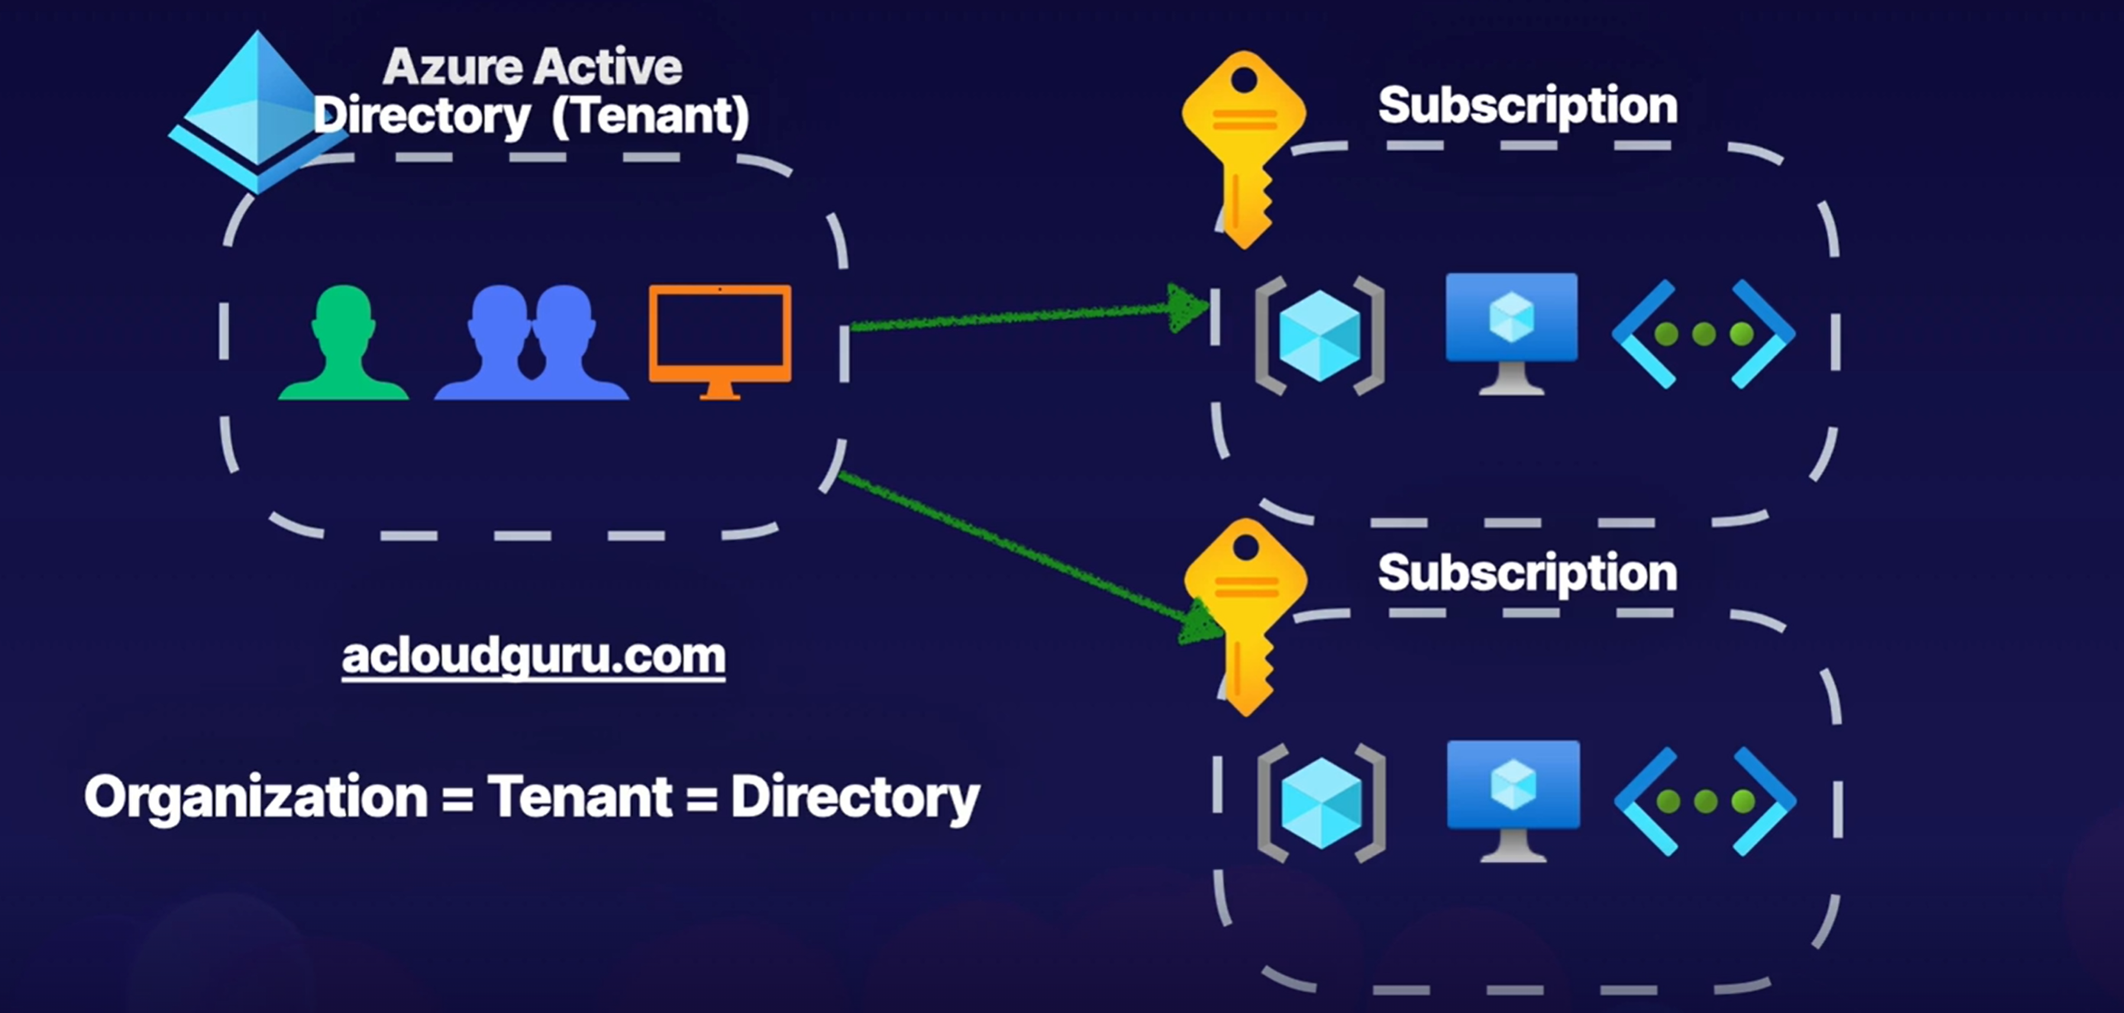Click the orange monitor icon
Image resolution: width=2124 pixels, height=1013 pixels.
(x=720, y=336)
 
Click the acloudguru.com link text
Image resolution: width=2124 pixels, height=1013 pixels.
(x=533, y=657)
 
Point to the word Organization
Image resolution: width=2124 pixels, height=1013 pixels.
(x=255, y=797)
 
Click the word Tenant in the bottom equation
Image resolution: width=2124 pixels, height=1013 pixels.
(x=579, y=797)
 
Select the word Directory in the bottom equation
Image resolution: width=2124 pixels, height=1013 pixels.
(x=854, y=797)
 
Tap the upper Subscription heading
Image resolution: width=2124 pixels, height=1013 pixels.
(x=1527, y=105)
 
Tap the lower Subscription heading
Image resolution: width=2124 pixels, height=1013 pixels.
(x=1527, y=572)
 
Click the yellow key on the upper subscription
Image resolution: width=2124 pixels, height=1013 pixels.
(x=1244, y=148)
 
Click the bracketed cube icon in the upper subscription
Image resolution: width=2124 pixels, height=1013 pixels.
(x=1319, y=335)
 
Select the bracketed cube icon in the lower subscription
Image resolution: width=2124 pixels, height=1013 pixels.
(x=1321, y=803)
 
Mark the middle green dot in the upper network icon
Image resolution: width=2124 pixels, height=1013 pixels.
(x=1704, y=334)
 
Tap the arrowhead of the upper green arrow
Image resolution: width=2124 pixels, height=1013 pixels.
(x=1187, y=309)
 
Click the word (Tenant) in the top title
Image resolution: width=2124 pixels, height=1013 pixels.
(x=650, y=115)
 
